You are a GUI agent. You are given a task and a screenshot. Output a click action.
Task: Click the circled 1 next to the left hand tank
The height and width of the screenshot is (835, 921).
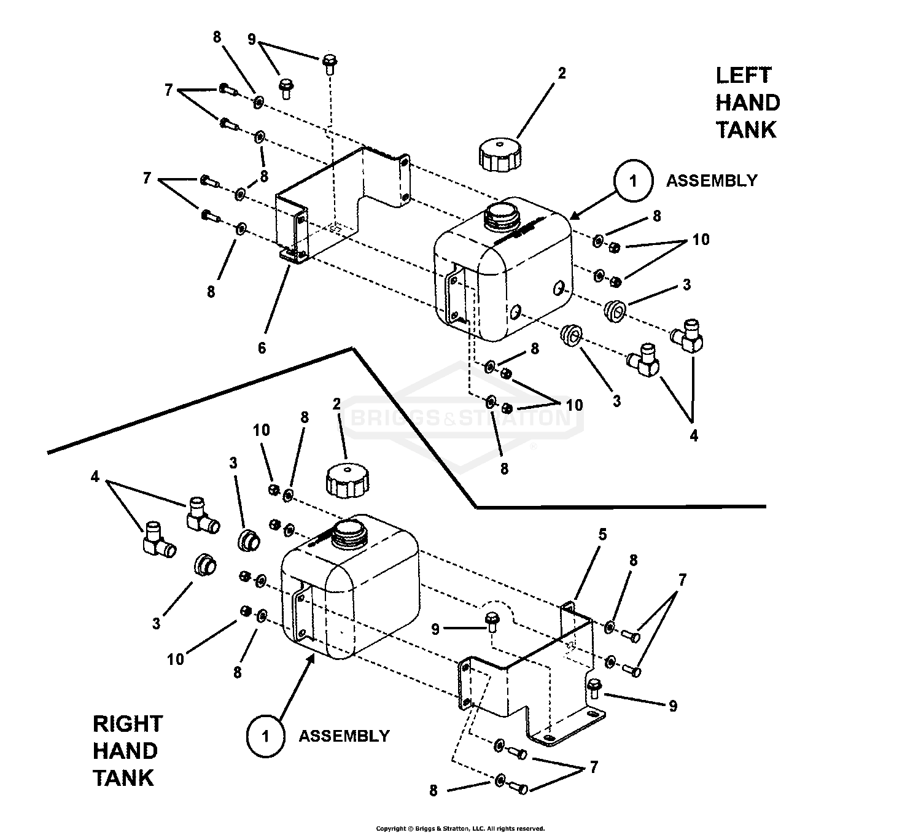pos(633,182)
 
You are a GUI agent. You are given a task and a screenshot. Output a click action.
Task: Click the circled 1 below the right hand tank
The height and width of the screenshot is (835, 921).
pos(265,736)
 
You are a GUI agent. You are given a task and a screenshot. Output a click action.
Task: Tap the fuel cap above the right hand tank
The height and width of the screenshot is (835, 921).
pos(347,480)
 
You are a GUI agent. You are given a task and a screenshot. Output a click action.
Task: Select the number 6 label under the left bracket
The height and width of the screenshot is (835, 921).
pos(262,348)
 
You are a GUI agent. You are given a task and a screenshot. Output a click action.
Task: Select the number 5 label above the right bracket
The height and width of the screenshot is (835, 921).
pos(602,535)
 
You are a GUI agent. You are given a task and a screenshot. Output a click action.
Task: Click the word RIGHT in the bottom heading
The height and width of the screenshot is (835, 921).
pos(128,724)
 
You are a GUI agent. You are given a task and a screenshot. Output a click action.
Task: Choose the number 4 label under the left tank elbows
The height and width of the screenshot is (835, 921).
pos(694,436)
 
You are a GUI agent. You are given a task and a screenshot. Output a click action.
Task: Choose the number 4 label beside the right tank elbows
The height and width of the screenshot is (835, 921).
pos(95,476)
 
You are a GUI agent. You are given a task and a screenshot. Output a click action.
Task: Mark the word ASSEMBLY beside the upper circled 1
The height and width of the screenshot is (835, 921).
pos(712,181)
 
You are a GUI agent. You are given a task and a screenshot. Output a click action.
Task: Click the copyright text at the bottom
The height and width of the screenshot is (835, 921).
pos(460,828)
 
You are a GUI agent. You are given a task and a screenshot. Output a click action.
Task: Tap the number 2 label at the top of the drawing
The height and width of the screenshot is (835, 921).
pos(562,73)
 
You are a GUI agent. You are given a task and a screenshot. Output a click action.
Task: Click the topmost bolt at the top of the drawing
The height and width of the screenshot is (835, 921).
pos(328,62)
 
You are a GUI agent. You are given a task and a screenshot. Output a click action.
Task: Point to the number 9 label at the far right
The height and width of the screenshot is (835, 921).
pos(673,706)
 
